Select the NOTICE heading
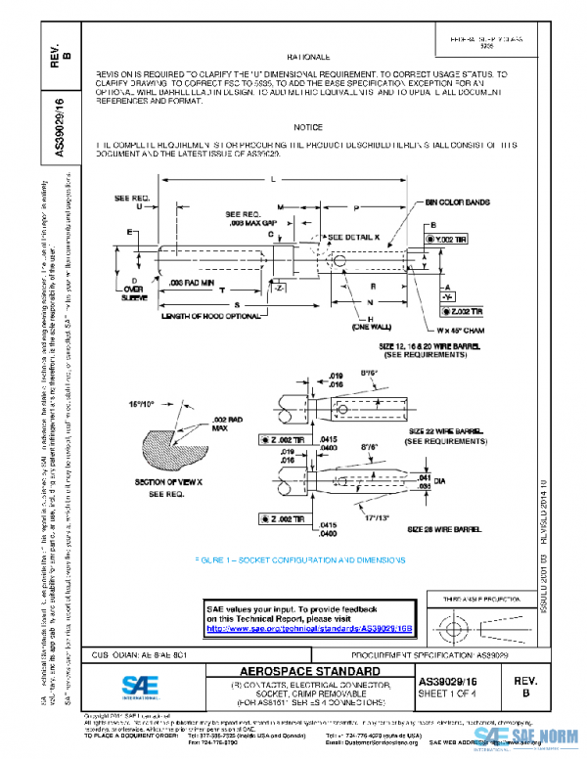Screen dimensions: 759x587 [308, 128]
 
